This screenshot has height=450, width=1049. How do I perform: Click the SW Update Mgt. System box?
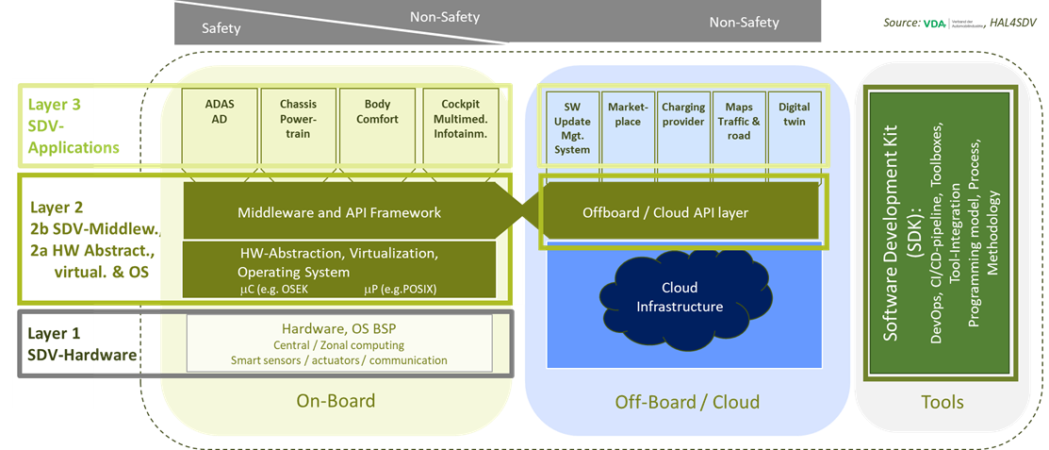tap(571, 128)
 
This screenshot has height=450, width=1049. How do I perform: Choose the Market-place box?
tap(624, 124)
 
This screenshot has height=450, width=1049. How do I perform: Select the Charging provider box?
tap(683, 124)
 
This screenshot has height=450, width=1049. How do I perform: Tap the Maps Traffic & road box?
tap(738, 124)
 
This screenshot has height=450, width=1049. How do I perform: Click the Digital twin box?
tap(794, 124)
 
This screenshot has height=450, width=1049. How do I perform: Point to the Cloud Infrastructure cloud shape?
tap(679, 295)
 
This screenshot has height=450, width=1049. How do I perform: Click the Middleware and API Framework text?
tap(338, 212)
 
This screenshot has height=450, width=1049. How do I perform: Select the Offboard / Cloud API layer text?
tap(664, 212)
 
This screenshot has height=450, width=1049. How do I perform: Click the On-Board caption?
tap(336, 401)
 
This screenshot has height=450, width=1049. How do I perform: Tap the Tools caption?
tap(942, 402)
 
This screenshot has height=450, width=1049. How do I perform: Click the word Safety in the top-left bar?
tap(221, 28)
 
